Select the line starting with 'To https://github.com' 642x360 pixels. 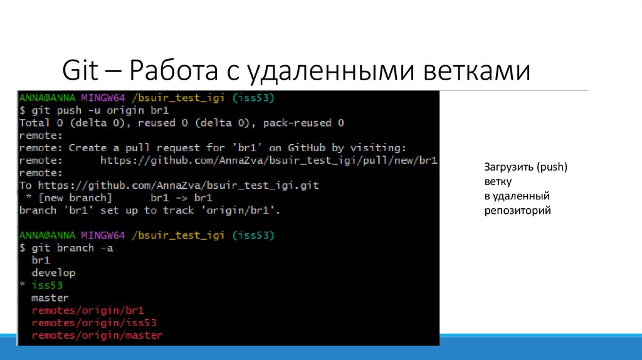pyautogui.click(x=169, y=186)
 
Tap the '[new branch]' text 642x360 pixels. pyautogui.click(x=71, y=198)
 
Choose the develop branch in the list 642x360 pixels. pyautogui.click(x=53, y=273)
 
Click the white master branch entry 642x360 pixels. pyautogui.click(x=50, y=298)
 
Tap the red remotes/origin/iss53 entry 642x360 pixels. pyautogui.click(x=94, y=323)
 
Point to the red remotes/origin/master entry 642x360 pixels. pyautogui.click(x=97, y=336)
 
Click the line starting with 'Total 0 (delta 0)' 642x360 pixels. pyautogui.click(x=182, y=124)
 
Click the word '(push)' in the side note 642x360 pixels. pyautogui.click(x=554, y=167)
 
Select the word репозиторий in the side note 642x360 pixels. pyautogui.click(x=517, y=211)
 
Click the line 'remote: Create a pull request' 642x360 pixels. pyautogui.click(x=213, y=148)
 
